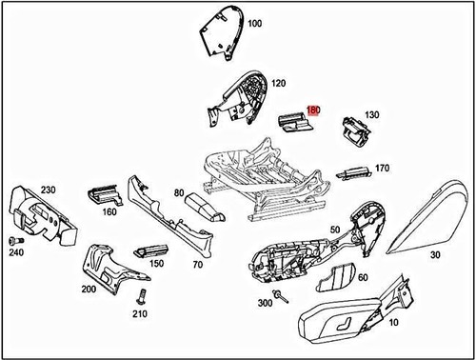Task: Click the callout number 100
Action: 254,23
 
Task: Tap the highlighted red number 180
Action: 314,110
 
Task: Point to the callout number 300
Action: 265,302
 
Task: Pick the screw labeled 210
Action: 140,294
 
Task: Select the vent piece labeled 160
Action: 104,196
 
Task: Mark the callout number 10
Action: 367,324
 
